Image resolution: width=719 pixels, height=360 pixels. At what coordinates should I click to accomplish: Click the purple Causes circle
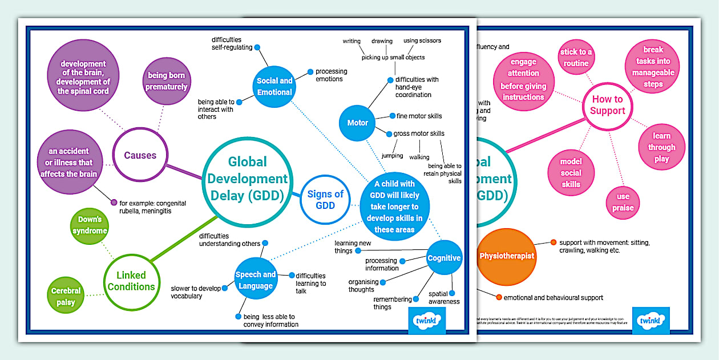click(x=140, y=155)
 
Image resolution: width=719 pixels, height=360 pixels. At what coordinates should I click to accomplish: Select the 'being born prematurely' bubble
click(x=167, y=81)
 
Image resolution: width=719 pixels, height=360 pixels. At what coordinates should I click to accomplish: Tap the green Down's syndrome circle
click(x=90, y=225)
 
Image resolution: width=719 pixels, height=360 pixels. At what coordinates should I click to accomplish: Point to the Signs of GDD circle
click(x=325, y=200)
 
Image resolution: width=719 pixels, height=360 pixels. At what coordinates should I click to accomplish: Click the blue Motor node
click(x=358, y=123)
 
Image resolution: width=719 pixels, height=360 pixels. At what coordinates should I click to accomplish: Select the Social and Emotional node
click(x=274, y=86)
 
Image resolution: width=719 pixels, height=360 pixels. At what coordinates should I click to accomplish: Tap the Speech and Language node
click(x=256, y=280)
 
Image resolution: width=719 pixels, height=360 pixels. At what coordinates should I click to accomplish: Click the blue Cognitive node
click(x=444, y=258)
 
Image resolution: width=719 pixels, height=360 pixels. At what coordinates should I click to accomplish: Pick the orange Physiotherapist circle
click(x=507, y=256)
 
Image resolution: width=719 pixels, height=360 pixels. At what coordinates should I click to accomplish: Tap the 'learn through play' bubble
click(x=661, y=147)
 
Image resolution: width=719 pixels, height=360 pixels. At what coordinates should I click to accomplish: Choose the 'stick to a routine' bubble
click(x=576, y=58)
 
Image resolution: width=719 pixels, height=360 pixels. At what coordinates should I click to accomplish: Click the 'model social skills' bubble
click(x=571, y=173)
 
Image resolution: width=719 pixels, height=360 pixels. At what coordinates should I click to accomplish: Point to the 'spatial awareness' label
click(x=443, y=298)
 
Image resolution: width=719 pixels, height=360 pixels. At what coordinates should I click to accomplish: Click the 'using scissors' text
click(x=422, y=41)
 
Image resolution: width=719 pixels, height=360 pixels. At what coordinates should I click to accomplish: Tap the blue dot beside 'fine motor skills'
click(x=393, y=116)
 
